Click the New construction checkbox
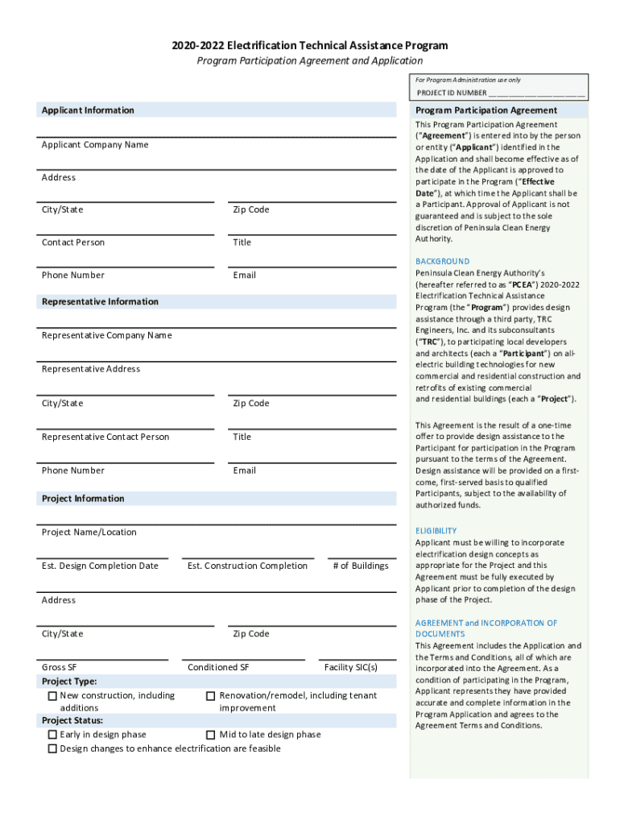(52, 696)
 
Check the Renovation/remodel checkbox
(211, 696)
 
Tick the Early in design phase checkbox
(52, 735)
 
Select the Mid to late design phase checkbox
(211, 735)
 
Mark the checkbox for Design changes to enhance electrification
(52, 749)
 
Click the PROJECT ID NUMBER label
(452, 93)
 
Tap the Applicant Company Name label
(95, 145)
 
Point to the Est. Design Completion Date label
(100, 566)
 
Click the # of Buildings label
(360, 566)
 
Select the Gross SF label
(60, 667)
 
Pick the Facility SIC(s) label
(350, 667)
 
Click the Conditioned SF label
(218, 667)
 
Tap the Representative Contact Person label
(105, 437)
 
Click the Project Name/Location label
(89, 532)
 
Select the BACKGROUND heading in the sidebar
(442, 261)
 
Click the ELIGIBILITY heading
(436, 531)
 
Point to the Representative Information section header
(100, 301)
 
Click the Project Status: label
(72, 720)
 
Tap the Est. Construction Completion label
(247, 566)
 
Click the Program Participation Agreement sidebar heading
(486, 110)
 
